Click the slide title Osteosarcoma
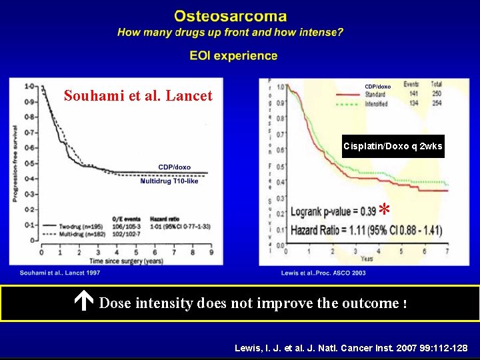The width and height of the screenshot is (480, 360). tap(230, 16)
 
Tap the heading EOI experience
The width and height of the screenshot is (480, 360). tap(233, 56)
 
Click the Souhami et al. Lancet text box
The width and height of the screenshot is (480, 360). tap(138, 96)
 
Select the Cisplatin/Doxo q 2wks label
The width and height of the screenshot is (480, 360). tap(393, 146)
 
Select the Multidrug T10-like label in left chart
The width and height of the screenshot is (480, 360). tap(169, 181)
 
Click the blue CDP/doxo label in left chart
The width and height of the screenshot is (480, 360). tap(174, 167)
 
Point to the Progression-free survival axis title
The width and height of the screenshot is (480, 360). tap(15, 163)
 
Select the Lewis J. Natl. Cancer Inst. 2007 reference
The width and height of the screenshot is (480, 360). tap(351, 348)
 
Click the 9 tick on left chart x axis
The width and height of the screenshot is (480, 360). tap(211, 253)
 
